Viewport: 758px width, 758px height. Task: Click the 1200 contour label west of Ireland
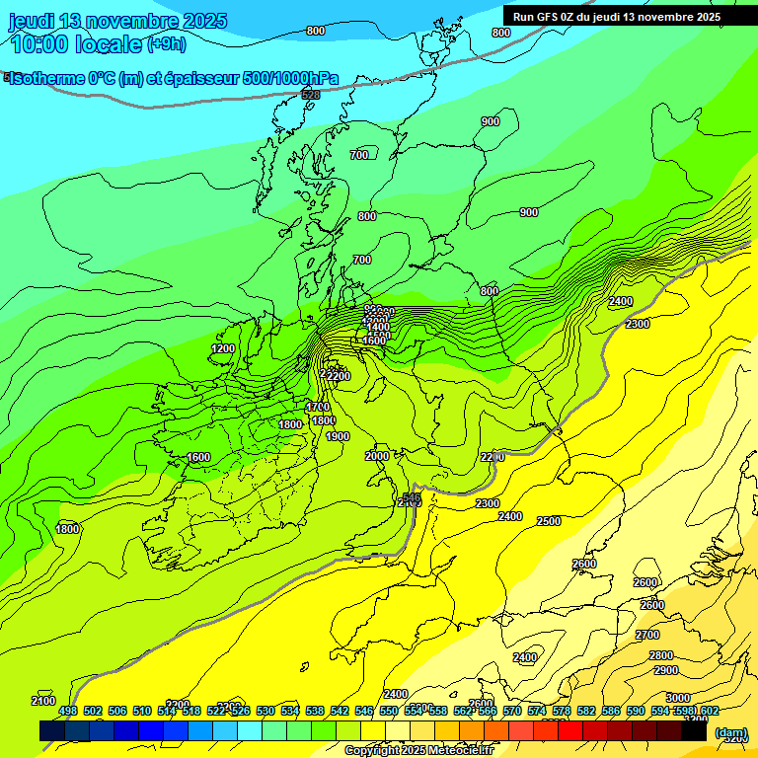[223, 348]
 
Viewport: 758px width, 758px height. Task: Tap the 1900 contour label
[338, 436]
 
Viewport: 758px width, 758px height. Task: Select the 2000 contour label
[377, 456]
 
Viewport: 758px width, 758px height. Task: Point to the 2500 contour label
[549, 521]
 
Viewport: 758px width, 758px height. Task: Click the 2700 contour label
[647, 635]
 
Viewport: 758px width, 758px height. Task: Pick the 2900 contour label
[665, 670]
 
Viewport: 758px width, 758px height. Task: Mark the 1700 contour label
[317, 407]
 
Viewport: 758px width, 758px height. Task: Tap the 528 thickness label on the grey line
[311, 95]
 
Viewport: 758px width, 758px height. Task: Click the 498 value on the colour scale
[67, 711]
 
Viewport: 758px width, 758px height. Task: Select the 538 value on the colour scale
[314, 711]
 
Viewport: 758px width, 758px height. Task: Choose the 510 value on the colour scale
[141, 711]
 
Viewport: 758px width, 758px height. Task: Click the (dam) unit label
[730, 731]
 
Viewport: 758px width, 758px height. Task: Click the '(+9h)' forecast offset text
[166, 44]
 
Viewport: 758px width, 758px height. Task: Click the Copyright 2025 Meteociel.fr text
[418, 751]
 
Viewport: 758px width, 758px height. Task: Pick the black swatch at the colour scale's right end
[695, 731]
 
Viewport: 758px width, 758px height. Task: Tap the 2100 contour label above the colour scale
[43, 701]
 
